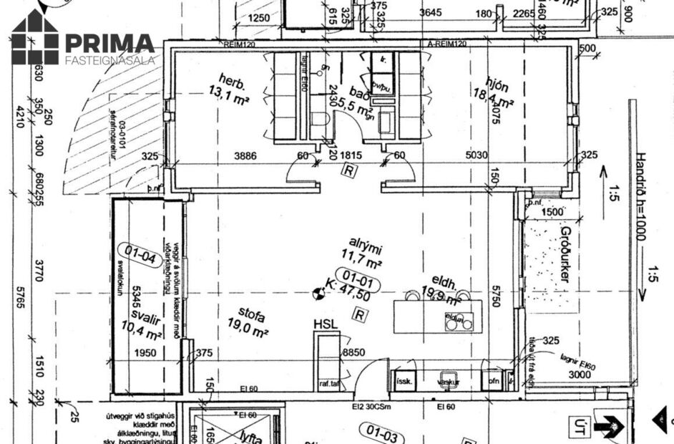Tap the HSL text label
coord(326,325)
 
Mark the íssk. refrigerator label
coord(404,382)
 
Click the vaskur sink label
coord(449,382)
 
